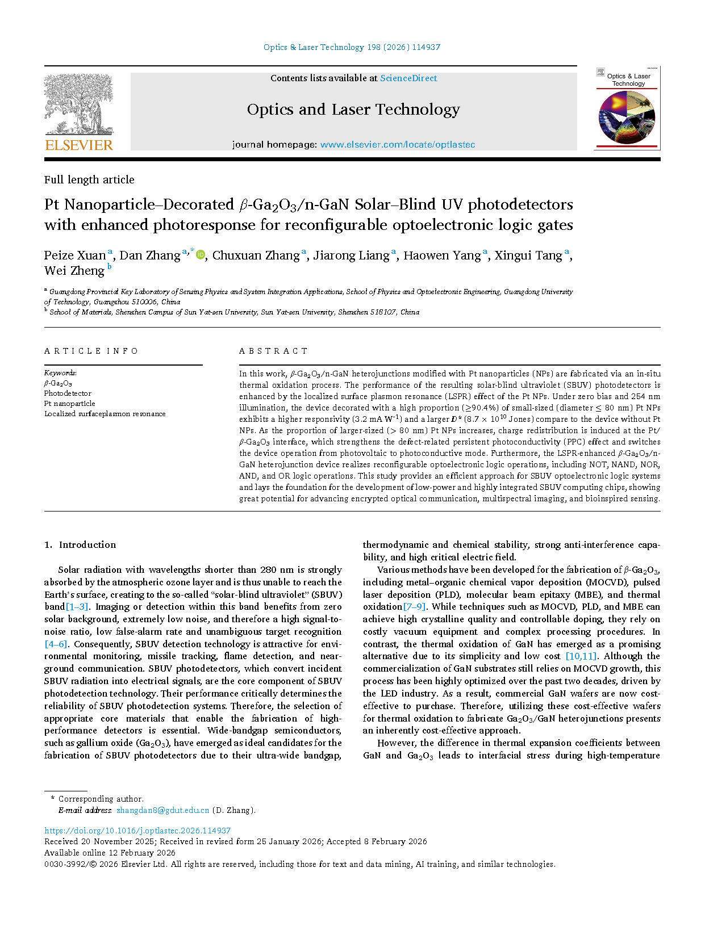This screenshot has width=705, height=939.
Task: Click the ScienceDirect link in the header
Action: [x=408, y=78]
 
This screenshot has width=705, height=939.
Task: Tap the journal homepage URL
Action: [x=397, y=145]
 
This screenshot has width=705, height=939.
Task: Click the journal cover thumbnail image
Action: [x=627, y=108]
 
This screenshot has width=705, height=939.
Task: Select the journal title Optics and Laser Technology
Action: [x=353, y=110]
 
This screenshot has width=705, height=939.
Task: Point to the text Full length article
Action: [x=89, y=180]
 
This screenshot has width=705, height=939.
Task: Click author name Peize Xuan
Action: [x=75, y=255]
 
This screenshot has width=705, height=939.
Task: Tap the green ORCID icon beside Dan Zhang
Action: [x=200, y=255]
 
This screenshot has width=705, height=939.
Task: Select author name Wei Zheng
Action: [x=74, y=271]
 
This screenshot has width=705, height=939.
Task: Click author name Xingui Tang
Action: [x=528, y=255]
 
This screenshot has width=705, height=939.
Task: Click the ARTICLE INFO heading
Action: [x=91, y=351]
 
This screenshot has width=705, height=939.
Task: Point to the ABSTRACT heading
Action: [x=273, y=351]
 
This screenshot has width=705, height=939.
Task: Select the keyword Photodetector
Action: [x=68, y=393]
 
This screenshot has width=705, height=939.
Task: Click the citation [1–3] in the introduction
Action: [x=78, y=607]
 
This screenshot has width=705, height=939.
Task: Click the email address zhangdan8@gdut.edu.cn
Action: [x=162, y=811]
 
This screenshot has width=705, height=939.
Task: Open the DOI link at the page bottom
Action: [x=137, y=831]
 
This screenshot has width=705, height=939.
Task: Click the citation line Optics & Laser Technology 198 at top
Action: [x=352, y=48]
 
